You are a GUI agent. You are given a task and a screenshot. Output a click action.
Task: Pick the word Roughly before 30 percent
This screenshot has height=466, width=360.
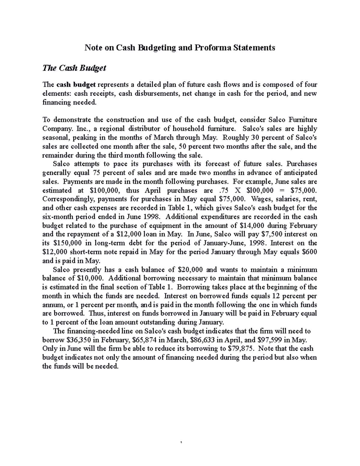pyautogui.click(x=233, y=138)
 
